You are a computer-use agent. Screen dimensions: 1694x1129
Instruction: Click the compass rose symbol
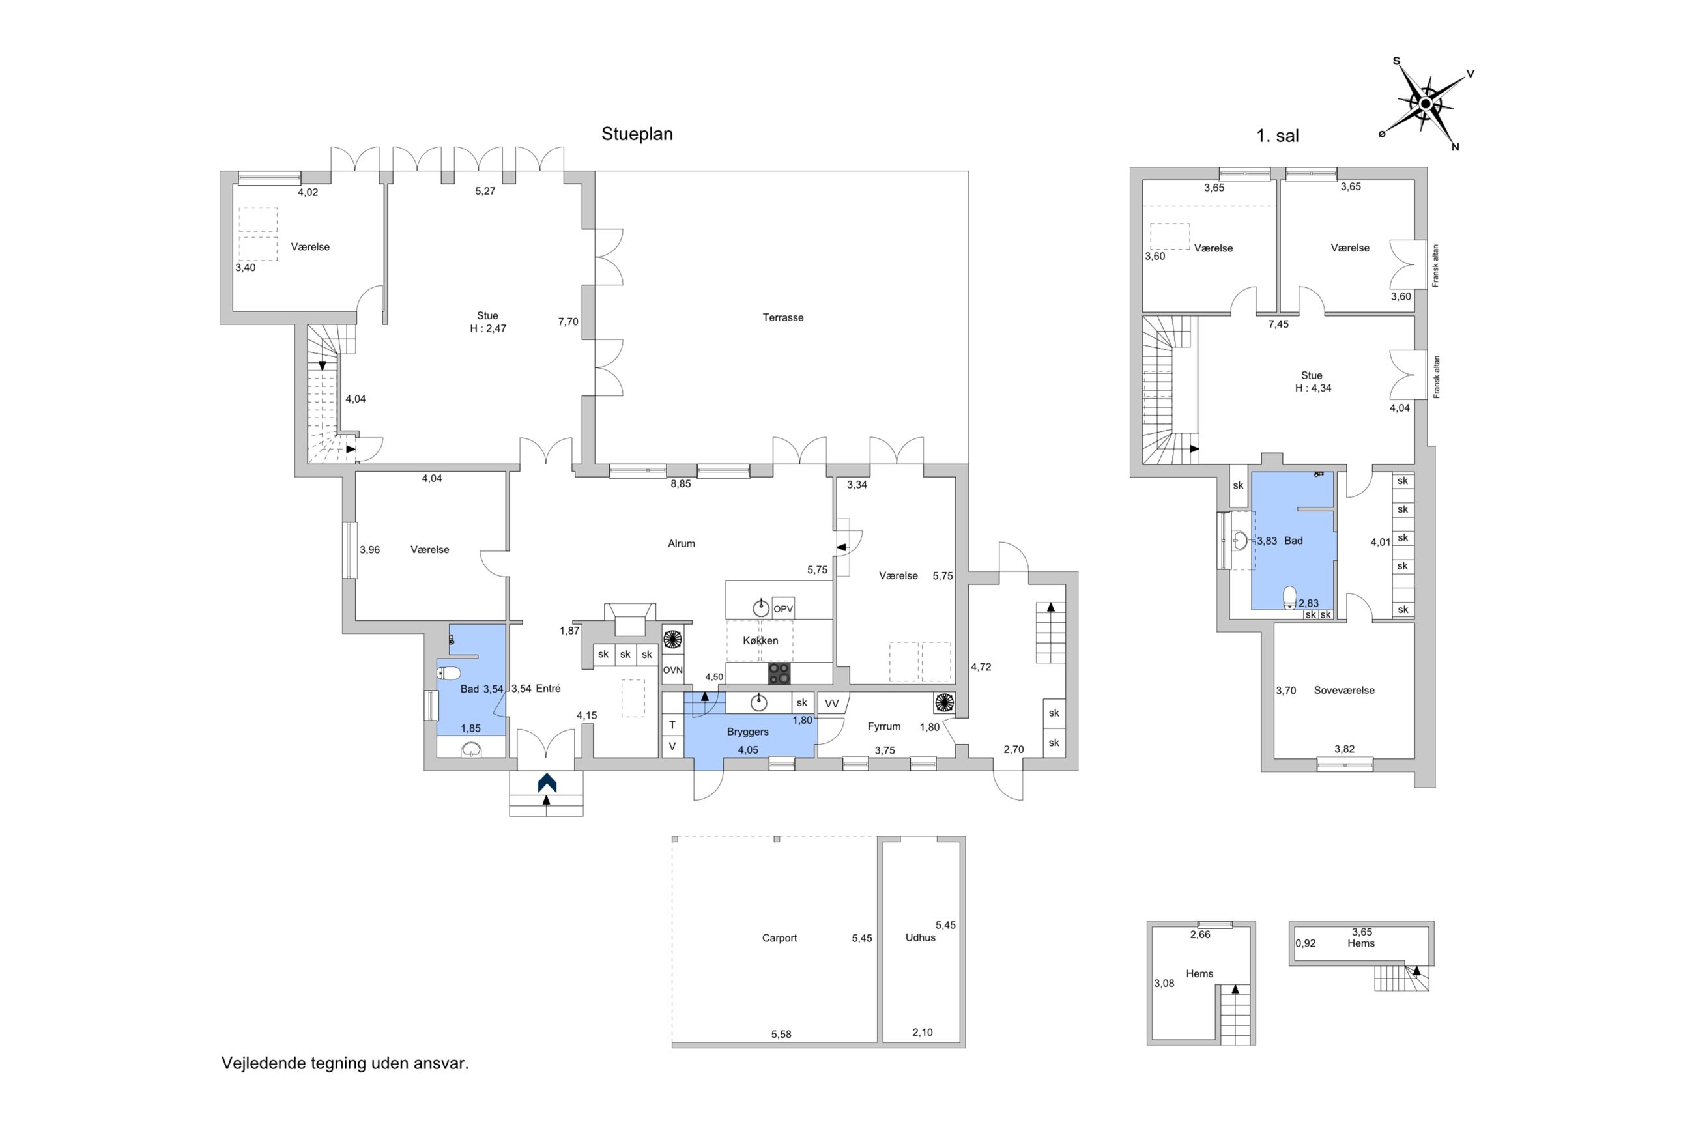1425,104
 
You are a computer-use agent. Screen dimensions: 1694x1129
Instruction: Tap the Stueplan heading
637,134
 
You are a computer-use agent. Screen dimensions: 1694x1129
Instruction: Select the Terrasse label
782,317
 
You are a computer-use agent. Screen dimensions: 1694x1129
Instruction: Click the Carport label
779,938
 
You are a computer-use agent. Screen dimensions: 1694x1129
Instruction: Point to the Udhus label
920,937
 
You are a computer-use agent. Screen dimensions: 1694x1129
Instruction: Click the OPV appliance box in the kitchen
782,609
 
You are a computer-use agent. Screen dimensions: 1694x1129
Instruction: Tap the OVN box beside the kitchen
672,670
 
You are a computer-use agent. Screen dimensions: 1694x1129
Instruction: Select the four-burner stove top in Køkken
779,673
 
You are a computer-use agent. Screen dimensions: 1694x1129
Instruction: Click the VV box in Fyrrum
831,704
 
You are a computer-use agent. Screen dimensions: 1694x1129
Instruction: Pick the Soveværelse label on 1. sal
1343,690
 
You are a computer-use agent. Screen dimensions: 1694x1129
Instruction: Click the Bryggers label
747,732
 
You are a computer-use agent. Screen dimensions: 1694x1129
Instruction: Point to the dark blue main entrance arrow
547,782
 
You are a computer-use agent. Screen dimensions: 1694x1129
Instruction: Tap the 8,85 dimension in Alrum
680,484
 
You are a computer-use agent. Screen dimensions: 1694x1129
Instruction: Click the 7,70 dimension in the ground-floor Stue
568,322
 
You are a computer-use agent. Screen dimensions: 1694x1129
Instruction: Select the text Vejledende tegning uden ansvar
345,1063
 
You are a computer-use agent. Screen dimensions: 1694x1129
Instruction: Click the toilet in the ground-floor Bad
448,673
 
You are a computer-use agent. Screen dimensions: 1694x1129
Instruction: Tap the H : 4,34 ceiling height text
1313,388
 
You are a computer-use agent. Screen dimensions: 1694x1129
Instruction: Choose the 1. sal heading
1277,136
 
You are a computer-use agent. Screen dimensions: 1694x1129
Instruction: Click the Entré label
548,689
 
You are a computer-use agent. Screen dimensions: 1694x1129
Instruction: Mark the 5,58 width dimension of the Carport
781,1035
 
